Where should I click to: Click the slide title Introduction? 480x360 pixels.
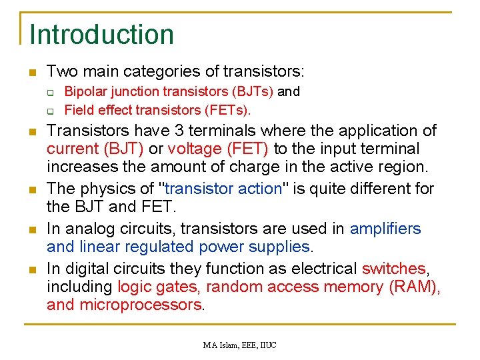[101, 35]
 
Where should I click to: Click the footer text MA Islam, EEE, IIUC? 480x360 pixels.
[240, 345]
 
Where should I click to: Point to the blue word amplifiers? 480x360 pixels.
[385, 229]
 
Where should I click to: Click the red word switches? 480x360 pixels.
[393, 269]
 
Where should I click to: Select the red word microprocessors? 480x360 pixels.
[141, 305]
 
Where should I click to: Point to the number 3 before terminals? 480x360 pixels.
[195, 130]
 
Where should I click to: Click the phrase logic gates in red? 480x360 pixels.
[158, 287]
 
